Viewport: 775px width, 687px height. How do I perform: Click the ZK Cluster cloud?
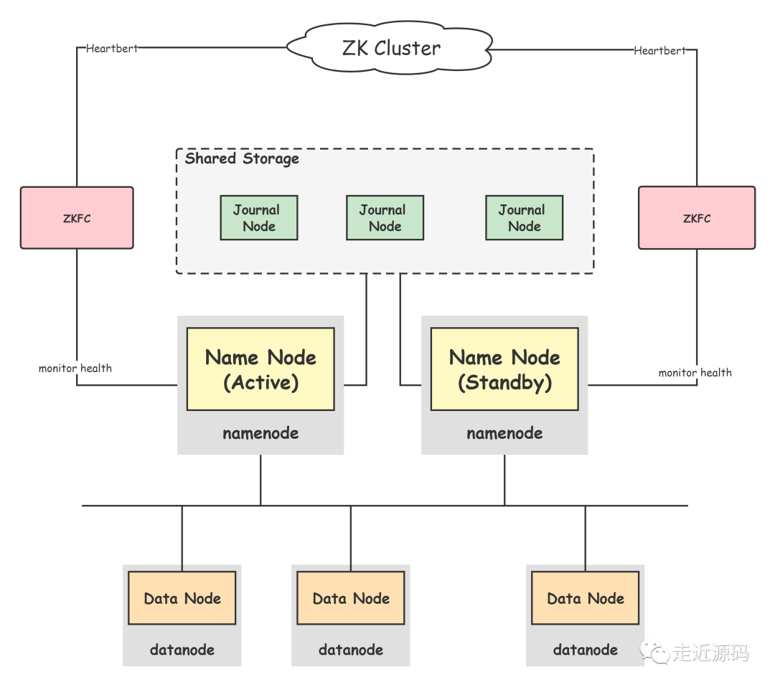pyautogui.click(x=391, y=48)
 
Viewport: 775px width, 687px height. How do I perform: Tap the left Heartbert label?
pyautogui.click(x=112, y=49)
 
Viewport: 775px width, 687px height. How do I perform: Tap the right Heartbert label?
pyautogui.click(x=660, y=50)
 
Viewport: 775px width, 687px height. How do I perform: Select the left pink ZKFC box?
pyautogui.click(x=77, y=218)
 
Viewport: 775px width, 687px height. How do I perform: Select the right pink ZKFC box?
pyautogui.click(x=697, y=218)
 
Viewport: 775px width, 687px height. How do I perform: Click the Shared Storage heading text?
pyautogui.click(x=242, y=158)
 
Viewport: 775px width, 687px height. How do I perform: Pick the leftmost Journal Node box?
pyautogui.click(x=258, y=218)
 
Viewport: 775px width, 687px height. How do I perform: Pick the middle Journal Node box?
pyautogui.click(x=385, y=218)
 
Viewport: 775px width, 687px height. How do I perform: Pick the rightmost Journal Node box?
pyautogui.click(x=524, y=218)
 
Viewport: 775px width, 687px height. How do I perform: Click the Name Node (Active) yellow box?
pyautogui.click(x=260, y=369)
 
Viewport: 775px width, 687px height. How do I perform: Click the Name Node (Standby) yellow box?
pyautogui.click(x=504, y=369)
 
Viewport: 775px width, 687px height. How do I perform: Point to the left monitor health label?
pyautogui.click(x=75, y=368)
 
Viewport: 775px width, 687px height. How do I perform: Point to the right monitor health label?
pyautogui.click(x=696, y=372)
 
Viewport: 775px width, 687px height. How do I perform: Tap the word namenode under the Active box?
pyautogui.click(x=260, y=433)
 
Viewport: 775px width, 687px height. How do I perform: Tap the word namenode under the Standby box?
pyautogui.click(x=504, y=433)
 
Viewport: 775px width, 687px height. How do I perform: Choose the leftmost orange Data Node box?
pyautogui.click(x=182, y=598)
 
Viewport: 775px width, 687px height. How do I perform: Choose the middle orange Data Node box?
pyautogui.click(x=351, y=598)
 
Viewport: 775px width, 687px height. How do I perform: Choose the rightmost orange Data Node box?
pyautogui.click(x=586, y=598)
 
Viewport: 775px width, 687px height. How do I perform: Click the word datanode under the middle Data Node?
pyautogui.click(x=351, y=650)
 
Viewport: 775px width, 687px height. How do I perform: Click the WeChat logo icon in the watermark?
pyautogui.click(x=654, y=650)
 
